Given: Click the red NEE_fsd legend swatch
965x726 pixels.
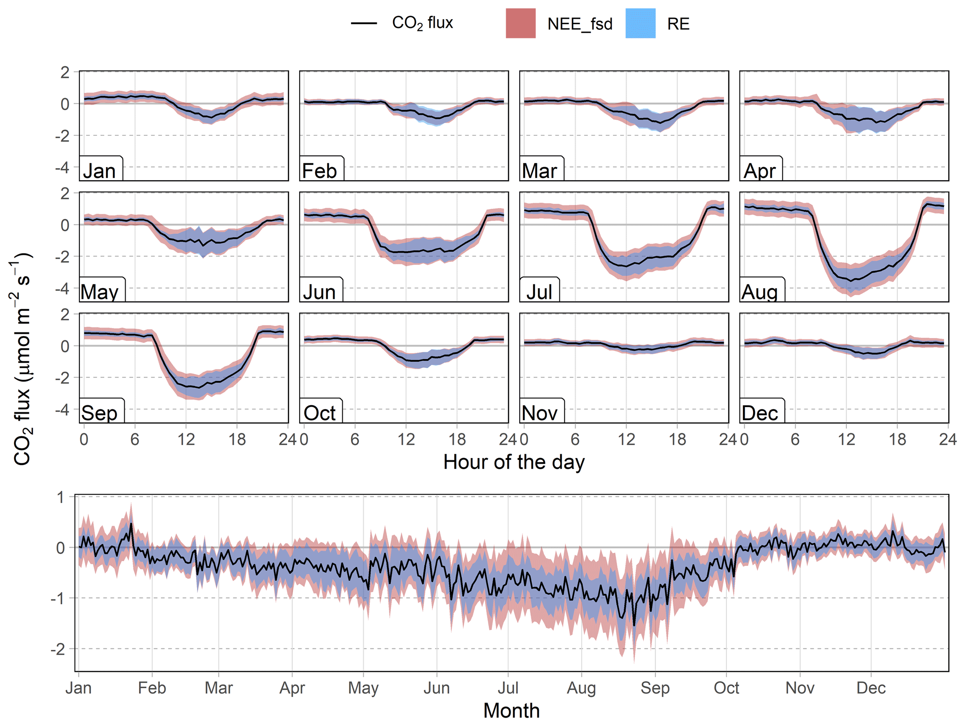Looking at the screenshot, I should coord(521,23).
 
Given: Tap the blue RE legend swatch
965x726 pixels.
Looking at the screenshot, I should coord(640,23).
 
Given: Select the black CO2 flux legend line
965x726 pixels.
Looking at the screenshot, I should coord(364,23).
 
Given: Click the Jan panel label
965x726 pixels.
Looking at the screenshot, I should coord(99,171).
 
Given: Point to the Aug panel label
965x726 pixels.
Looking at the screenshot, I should coord(760,292).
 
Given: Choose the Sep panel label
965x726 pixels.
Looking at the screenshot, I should coord(99,413).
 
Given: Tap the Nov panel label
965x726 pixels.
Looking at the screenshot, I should coord(540,413).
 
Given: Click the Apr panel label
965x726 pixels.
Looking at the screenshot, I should coord(760,171).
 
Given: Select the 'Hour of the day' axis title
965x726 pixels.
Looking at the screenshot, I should coord(514,462).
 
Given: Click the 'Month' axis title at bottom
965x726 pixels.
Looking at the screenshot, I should coord(511,711).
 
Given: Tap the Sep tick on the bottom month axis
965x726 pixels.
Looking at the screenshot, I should coord(655,688).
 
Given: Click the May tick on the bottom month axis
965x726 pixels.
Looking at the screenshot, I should coord(363,688).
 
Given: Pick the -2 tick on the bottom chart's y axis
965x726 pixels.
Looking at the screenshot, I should coord(58,649).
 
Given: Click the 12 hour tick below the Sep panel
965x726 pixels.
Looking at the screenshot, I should coord(186,439).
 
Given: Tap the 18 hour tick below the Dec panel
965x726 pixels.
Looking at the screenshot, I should coord(897,439).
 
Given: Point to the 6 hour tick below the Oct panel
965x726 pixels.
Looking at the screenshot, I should coord(355,439).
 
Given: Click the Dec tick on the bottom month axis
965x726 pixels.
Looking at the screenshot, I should coord(871,688).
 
